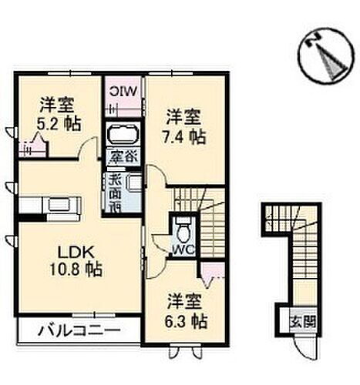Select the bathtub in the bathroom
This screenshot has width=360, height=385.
[123, 136]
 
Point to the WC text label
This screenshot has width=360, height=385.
[182, 250]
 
